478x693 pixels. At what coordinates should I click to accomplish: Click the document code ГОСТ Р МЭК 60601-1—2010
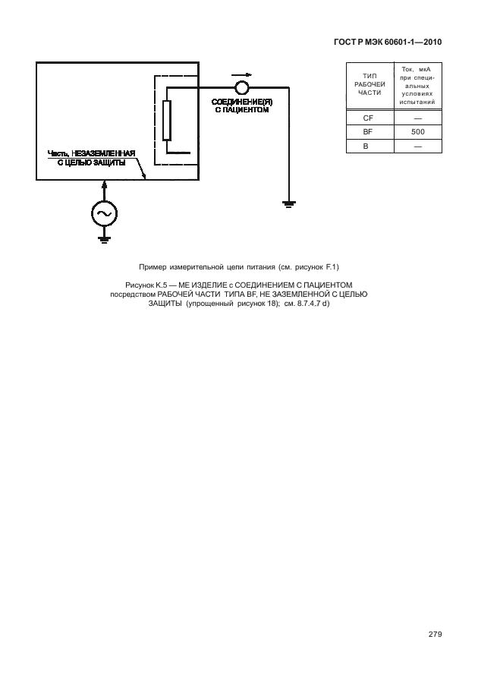(387, 43)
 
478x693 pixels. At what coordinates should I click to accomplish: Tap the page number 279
(434, 634)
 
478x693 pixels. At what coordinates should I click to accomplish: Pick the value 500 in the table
(417, 132)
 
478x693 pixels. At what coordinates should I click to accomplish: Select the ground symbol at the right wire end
(288, 203)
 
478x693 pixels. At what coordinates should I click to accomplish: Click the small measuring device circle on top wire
(241, 87)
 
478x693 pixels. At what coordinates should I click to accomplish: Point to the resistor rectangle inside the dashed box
(167, 120)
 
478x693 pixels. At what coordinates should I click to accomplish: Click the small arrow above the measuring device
(241, 74)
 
